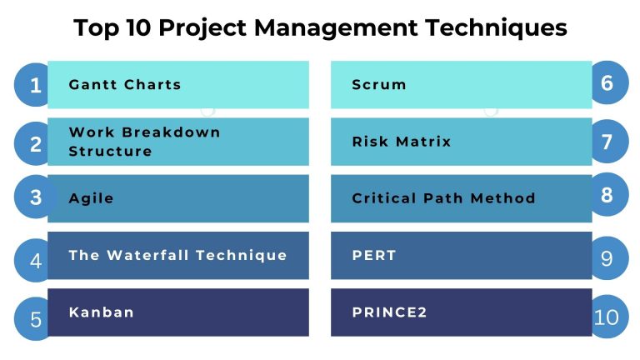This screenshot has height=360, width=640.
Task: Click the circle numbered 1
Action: point(36,84)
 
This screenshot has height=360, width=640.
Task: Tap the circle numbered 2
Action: point(36,142)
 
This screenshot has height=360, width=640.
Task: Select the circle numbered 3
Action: point(36,197)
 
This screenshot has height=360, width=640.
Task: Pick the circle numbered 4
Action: point(36,258)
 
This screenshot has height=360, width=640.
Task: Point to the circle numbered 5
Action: point(36,317)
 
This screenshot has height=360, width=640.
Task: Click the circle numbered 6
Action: point(607,82)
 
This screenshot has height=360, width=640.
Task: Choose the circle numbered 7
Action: point(607,141)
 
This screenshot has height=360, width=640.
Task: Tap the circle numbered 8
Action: point(607,195)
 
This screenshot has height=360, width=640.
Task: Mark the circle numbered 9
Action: point(607,257)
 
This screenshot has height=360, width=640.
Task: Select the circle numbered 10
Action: point(607,317)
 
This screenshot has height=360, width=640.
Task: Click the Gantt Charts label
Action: point(124,84)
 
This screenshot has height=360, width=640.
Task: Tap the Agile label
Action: point(91,198)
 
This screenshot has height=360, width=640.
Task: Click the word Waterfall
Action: point(147,255)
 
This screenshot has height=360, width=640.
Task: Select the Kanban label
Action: point(101,312)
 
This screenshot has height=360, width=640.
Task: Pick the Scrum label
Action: point(379,84)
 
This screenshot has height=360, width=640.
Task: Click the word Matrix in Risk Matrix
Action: point(422,141)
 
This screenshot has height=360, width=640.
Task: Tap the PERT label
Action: point(373,255)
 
